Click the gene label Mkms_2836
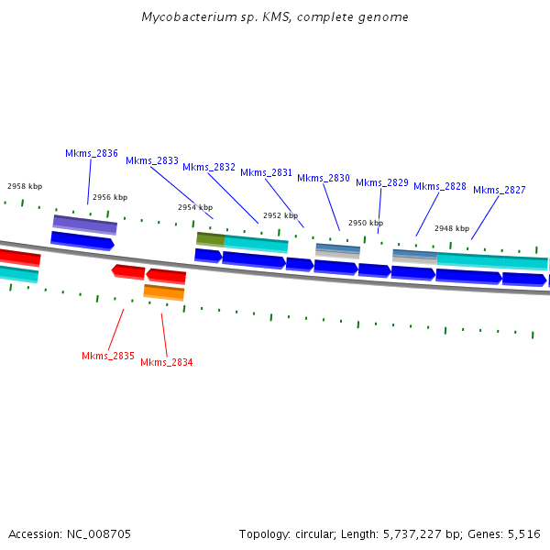point(92,153)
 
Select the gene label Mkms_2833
point(152,160)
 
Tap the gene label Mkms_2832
point(209,167)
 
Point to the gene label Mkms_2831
point(267,172)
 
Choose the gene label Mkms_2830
point(324,178)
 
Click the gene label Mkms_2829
point(382,182)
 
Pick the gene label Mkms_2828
point(440,186)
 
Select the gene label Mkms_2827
point(500,190)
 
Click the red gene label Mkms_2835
point(108,356)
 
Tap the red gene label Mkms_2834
point(167,362)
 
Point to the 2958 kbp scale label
point(25,186)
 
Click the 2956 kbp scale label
point(110,197)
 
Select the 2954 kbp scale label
point(195,207)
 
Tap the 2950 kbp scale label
point(366,223)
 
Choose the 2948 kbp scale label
point(452,228)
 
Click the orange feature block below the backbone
point(164,292)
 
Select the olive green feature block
point(211,238)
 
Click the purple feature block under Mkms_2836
point(84,224)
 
